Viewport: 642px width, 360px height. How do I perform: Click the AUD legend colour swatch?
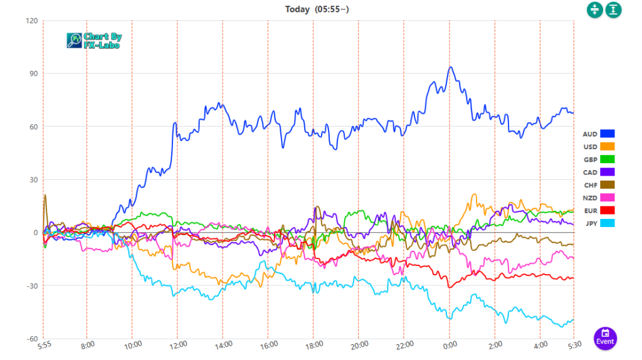607,134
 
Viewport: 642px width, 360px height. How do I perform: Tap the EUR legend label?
590,210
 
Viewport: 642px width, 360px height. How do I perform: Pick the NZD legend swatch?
607,198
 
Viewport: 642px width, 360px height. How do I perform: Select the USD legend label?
590,146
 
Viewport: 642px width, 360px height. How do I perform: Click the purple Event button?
605,338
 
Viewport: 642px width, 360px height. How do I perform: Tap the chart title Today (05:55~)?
318,9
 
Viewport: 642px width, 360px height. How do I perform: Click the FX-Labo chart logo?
94,41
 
